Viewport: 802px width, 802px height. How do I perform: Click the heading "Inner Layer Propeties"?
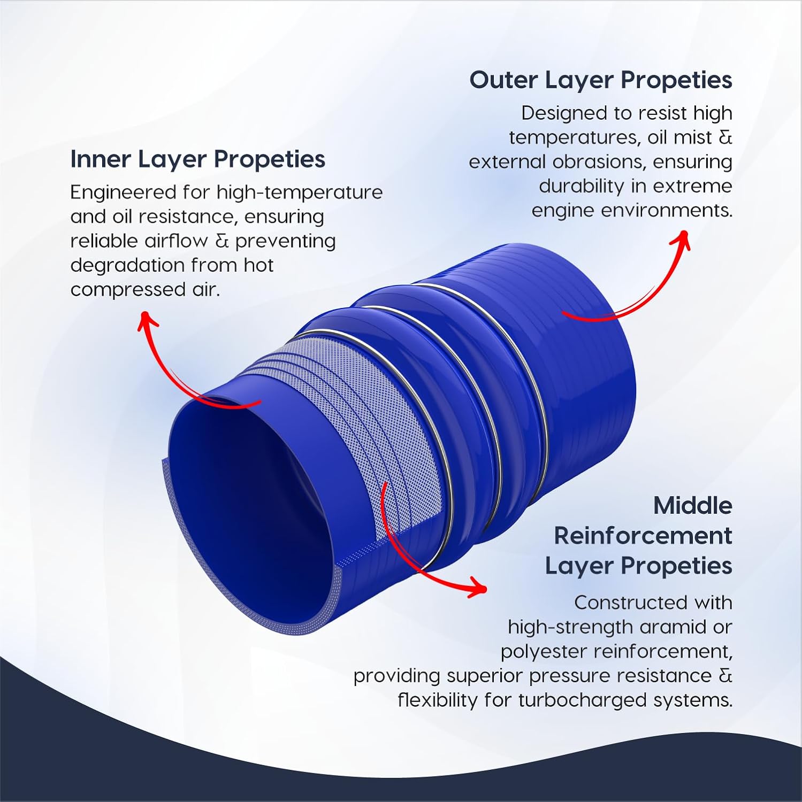pos(197,159)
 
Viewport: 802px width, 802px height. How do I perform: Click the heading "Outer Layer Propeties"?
pos(600,80)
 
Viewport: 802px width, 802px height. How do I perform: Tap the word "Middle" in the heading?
pos(692,505)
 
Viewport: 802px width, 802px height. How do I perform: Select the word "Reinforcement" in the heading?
pos(643,536)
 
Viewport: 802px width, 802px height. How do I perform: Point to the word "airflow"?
pos(176,241)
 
